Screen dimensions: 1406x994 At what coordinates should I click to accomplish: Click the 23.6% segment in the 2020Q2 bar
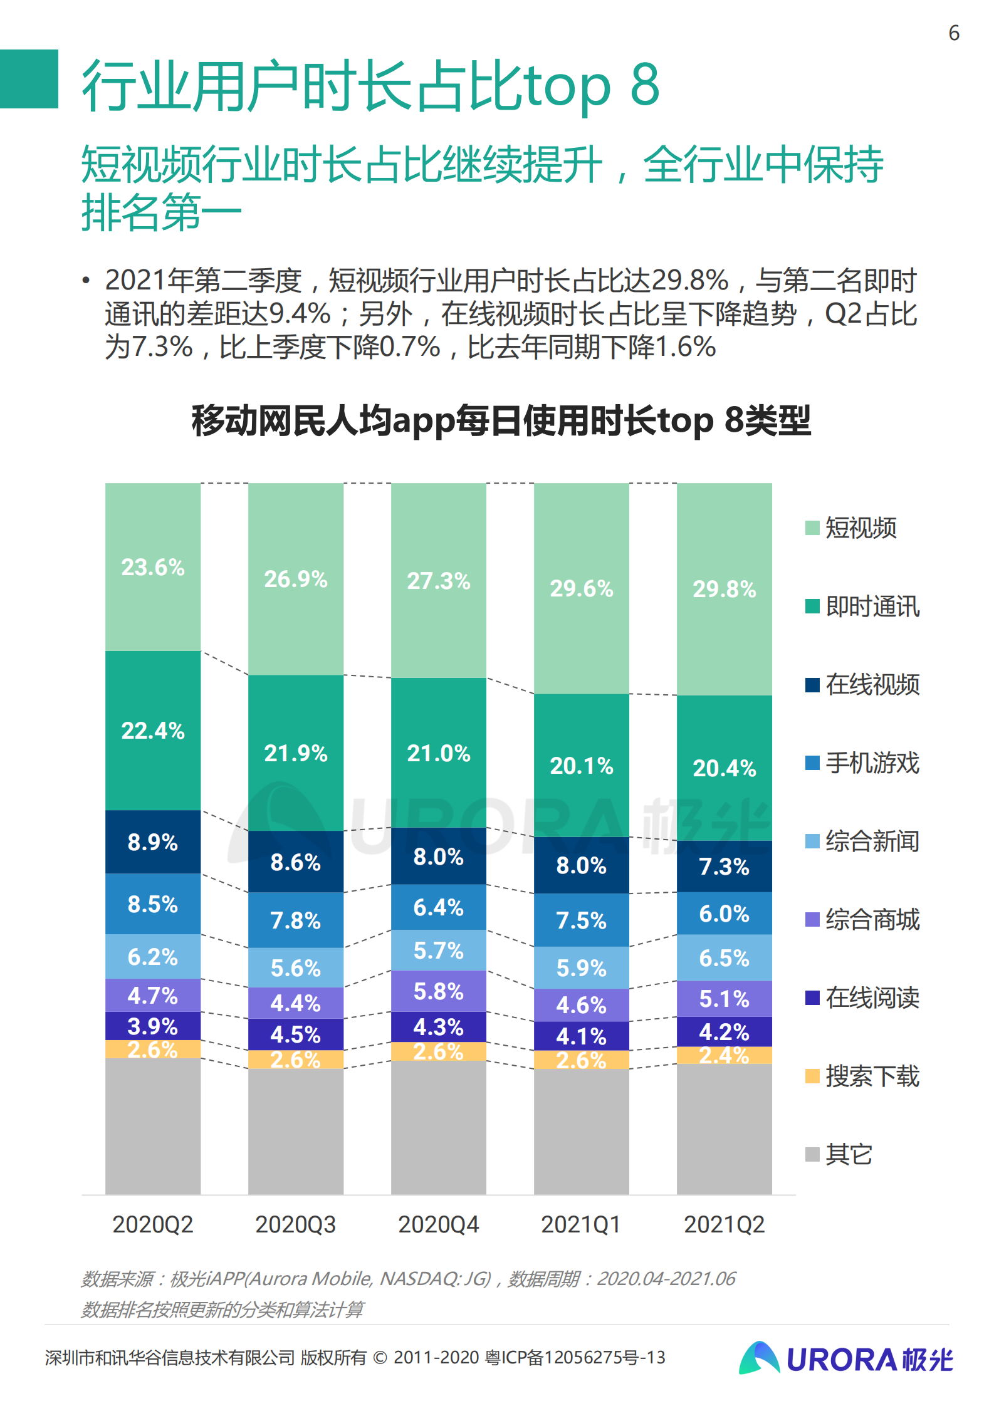[153, 567]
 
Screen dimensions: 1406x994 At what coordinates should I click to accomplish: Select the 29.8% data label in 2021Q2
[724, 589]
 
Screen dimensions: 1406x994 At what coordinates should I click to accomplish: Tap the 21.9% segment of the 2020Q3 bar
[296, 752]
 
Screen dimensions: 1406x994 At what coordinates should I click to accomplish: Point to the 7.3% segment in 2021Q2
[724, 867]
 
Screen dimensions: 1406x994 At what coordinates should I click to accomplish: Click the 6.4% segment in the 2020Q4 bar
[438, 907]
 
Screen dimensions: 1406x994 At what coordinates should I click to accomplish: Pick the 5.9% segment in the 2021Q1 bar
[581, 967]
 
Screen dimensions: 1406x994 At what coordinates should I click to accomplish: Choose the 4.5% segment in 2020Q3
[296, 1034]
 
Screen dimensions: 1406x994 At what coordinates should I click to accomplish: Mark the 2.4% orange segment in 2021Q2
[724, 1055]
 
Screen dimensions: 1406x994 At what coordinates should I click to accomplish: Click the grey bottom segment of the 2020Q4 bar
[438, 1128]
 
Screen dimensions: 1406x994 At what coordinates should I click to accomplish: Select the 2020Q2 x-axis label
[153, 1224]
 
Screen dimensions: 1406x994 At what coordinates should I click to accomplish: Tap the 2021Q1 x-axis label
[581, 1224]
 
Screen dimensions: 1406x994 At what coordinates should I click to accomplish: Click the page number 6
[954, 33]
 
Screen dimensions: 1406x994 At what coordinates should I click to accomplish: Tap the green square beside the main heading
[29, 79]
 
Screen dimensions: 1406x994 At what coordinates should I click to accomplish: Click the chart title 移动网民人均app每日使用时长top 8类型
[501, 420]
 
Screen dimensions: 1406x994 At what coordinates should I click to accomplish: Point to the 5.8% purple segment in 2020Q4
[438, 991]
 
